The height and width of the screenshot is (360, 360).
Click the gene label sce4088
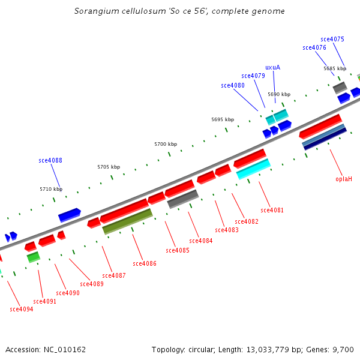50,160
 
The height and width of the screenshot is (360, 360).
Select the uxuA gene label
272,67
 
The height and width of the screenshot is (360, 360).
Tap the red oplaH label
344,179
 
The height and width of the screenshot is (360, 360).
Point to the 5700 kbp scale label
166,144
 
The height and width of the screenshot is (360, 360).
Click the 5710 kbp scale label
51,189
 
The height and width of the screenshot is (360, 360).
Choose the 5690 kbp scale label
279,94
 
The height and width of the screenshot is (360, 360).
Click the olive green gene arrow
127,221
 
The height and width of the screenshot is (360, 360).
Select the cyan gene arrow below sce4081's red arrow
253,169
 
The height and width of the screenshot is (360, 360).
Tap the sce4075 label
332,39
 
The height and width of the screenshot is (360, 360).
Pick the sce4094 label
22,309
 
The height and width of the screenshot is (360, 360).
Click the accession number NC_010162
64,349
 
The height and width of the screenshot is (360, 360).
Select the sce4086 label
145,263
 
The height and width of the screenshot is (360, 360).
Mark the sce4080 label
233,85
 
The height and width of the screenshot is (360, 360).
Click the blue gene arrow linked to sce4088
70,214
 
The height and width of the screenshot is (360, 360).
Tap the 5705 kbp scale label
109,167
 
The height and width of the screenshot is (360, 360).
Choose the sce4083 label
227,230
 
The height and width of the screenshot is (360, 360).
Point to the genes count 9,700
343,349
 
